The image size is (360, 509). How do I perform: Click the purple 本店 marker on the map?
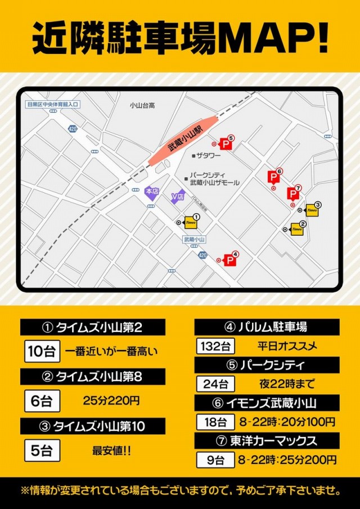[151, 192]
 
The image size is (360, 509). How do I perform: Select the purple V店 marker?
[178, 196]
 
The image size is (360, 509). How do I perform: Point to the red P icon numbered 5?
[226, 144]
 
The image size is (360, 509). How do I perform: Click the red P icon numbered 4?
[229, 260]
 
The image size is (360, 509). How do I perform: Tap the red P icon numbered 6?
[274, 178]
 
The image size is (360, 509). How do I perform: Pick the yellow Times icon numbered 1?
[191, 223]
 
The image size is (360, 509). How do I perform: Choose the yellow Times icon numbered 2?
[297, 229]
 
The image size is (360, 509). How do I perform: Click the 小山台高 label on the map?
[142, 105]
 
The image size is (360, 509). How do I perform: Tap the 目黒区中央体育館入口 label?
[54, 104]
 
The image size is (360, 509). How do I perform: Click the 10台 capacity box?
[41, 352]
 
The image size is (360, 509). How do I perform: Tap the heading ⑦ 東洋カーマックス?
[267, 440]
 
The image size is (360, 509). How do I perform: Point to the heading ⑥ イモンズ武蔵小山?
[267, 403]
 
